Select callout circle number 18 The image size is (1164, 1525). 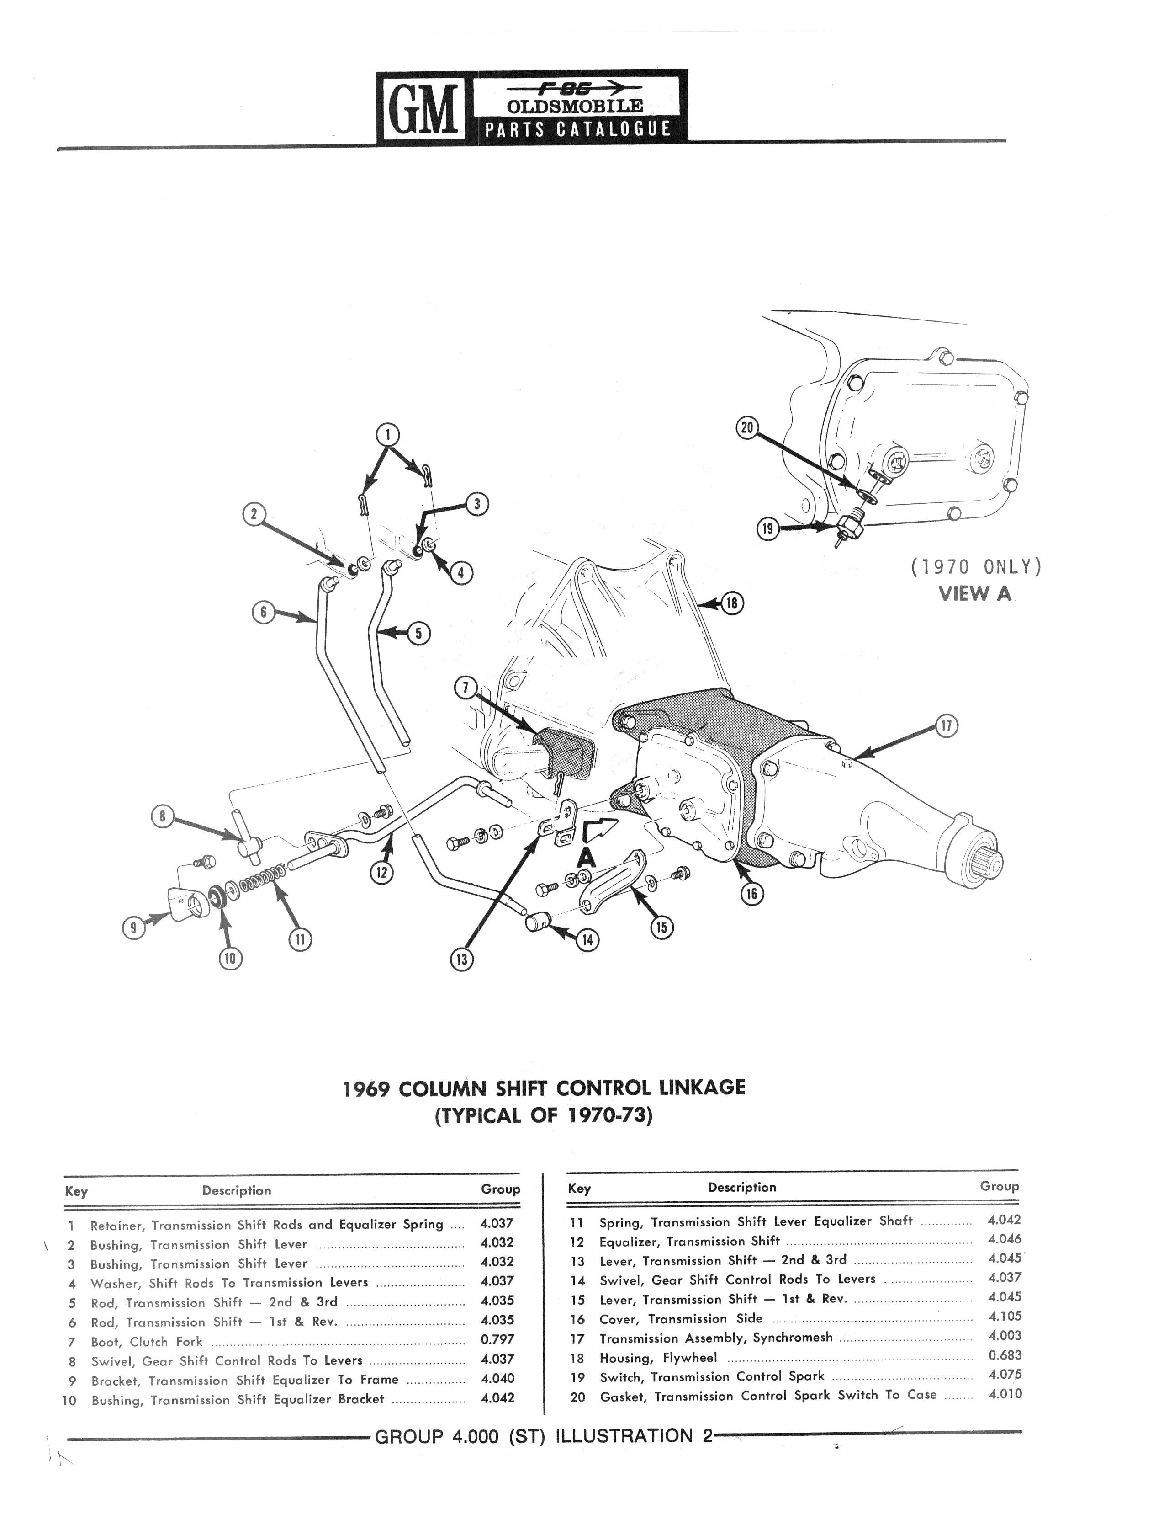[x=732, y=604]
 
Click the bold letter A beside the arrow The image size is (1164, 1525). [x=587, y=858]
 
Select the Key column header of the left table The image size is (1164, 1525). [x=76, y=1192]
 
